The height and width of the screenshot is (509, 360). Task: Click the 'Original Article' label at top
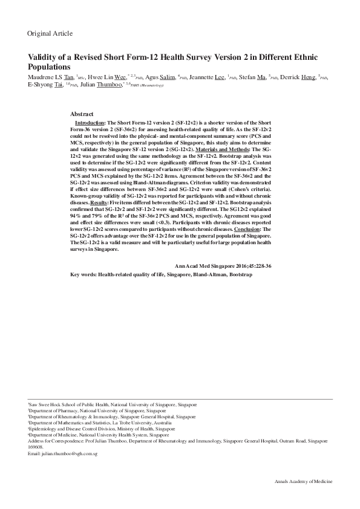[50, 33]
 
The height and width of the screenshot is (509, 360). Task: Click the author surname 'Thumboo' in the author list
[110, 85]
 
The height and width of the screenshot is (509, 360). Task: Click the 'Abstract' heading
[82, 114]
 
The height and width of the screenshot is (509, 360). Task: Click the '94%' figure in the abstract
[76, 215]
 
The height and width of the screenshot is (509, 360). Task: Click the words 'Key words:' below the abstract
[83, 274]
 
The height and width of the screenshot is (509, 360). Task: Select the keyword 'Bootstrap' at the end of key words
[240, 274]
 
